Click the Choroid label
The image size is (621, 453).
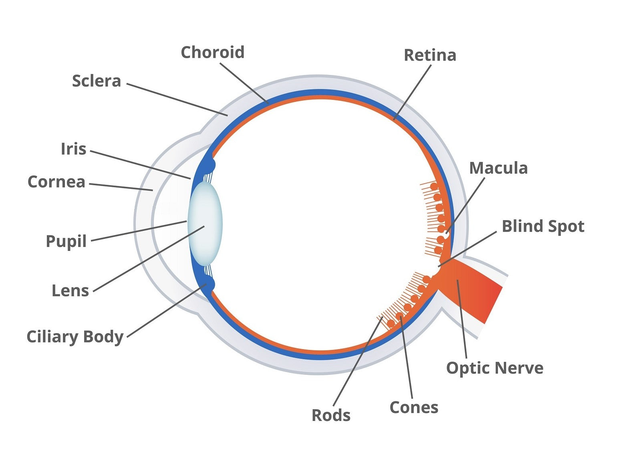[212, 53]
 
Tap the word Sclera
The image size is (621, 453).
[96, 81]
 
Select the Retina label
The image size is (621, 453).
[429, 55]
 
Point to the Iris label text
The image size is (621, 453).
[73, 149]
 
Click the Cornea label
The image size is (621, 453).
[56, 182]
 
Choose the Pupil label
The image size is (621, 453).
[66, 241]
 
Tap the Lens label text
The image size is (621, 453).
[70, 291]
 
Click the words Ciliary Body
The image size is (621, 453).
[75, 337]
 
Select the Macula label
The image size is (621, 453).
[498, 168]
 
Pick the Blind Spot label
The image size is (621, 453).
[543, 226]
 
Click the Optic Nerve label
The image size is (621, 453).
[494, 368]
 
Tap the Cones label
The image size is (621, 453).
[413, 407]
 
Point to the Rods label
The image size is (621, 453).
[331, 415]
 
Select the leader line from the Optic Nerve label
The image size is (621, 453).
[462, 321]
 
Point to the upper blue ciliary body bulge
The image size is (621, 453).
[208, 165]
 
